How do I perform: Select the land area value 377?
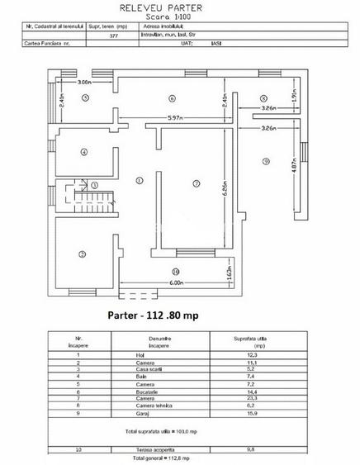click(113, 36)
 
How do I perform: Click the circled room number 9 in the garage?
click(266, 161)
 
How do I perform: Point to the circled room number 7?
click(196, 182)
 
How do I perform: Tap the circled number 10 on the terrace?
click(175, 272)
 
